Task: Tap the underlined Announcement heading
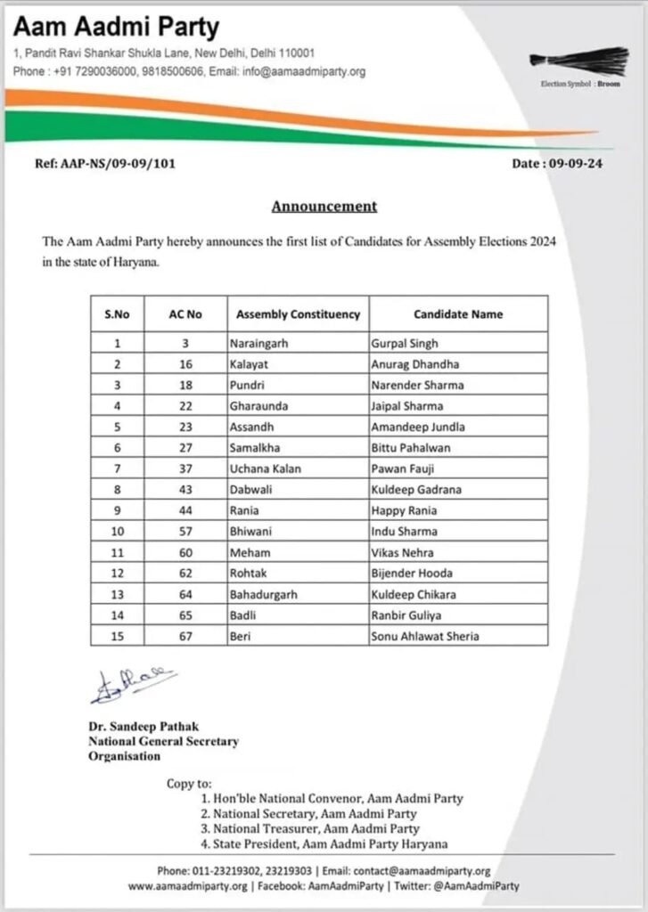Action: [324, 207]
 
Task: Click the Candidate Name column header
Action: [458, 314]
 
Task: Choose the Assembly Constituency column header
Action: [298, 314]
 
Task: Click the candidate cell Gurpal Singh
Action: [405, 343]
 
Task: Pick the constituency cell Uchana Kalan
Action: [265, 469]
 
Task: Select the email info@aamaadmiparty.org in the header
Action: [308, 71]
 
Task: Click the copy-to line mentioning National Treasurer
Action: [310, 828]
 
